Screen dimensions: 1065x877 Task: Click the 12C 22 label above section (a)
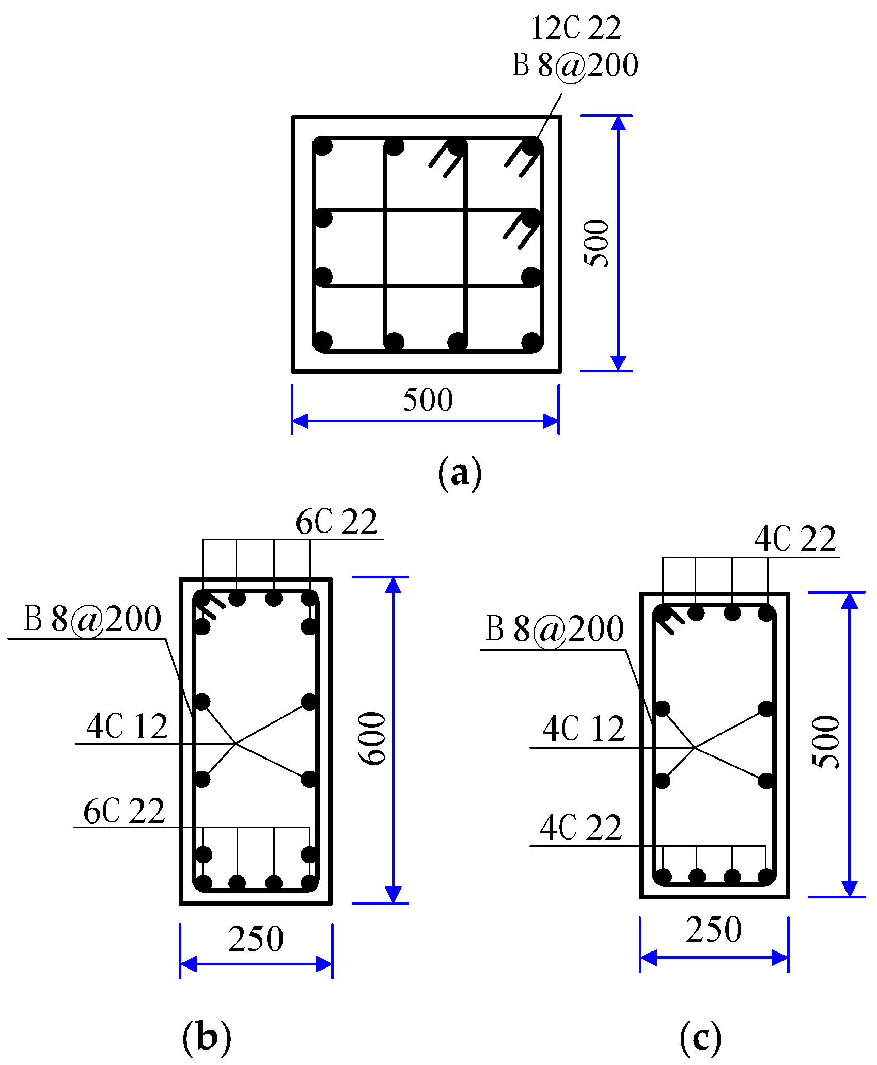tap(576, 28)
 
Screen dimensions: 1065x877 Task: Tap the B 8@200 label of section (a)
tap(575, 66)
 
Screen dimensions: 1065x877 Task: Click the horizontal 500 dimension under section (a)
tap(428, 400)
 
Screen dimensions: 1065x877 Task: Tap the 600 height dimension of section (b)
tap(372, 738)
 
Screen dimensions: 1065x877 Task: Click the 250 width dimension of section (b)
tap(256, 939)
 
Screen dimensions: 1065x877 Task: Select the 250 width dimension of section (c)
tap(714, 929)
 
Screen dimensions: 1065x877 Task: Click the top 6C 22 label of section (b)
tap(336, 522)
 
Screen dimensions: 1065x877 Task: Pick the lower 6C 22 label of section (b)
tap(124, 811)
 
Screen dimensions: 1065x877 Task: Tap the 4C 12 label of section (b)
tap(127, 727)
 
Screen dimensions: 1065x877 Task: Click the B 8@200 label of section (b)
tap(92, 619)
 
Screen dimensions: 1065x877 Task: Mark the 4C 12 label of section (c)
tap(584, 729)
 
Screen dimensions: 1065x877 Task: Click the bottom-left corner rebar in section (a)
tap(323, 341)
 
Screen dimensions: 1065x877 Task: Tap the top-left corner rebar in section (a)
tap(323, 146)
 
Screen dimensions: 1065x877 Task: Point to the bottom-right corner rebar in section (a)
tap(531, 342)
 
